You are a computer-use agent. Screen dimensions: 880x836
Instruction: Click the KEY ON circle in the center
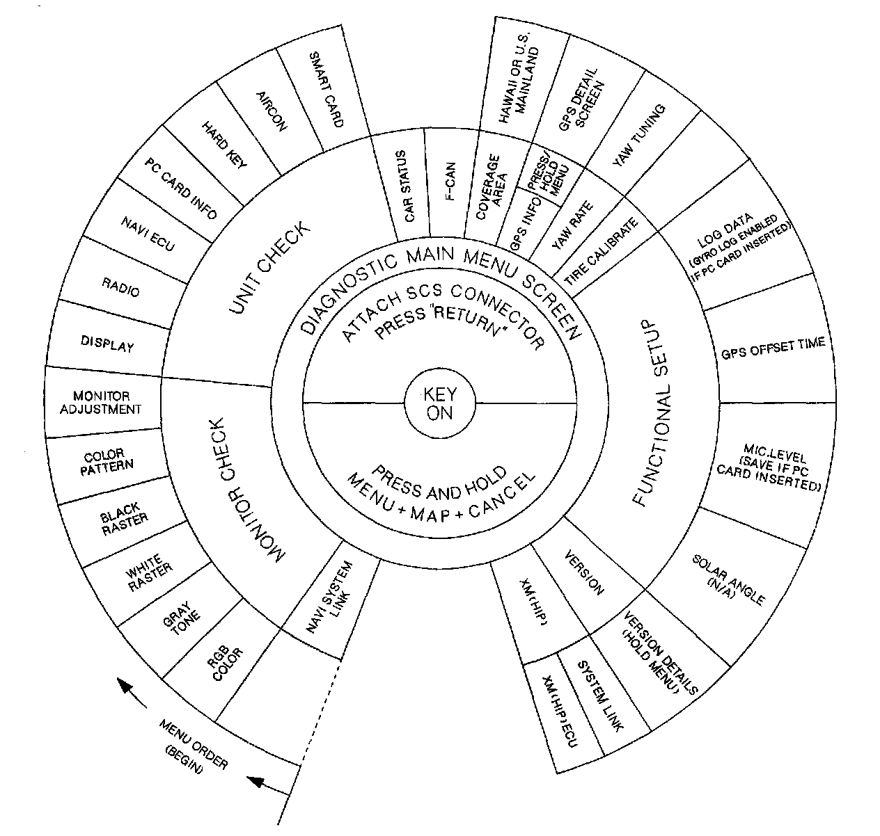click(439, 403)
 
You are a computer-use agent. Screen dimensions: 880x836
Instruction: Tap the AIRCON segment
click(272, 111)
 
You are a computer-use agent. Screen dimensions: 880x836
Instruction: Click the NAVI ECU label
click(147, 234)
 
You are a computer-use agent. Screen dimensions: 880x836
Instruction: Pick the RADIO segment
click(120, 287)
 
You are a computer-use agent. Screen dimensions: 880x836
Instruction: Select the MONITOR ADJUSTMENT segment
click(100, 403)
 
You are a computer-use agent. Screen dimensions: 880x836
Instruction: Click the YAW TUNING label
click(638, 135)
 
